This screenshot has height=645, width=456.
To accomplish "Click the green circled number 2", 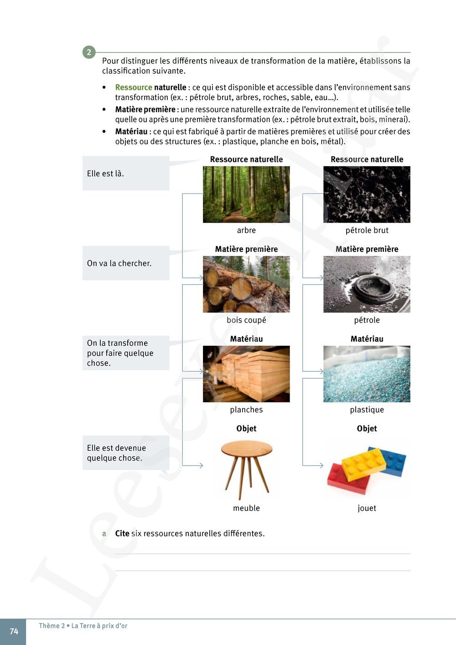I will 89,52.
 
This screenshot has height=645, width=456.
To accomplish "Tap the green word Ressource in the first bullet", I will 133,87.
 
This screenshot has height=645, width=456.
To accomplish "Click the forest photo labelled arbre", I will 246,194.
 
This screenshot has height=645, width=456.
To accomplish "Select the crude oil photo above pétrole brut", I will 367,194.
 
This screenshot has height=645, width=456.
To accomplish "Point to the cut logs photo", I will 246,284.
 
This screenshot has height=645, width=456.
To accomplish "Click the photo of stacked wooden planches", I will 246,374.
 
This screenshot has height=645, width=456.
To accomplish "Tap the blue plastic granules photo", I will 367,374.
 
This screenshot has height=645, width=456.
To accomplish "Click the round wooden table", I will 246,468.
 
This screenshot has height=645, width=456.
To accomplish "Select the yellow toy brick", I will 363,464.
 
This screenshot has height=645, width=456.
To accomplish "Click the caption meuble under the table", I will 246,508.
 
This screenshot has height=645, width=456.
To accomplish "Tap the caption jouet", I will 367,508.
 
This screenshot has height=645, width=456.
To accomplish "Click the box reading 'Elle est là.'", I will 125,173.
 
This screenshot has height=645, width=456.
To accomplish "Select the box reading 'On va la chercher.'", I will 125,263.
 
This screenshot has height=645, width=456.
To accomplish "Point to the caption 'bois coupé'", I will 246,320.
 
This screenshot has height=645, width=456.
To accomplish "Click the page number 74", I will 14,631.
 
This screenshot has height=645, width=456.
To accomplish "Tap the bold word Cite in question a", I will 122,534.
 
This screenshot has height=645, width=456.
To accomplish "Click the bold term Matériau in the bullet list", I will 131,131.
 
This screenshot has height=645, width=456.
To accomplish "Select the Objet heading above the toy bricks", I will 367,428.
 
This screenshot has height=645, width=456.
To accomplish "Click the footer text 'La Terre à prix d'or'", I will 99,626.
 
